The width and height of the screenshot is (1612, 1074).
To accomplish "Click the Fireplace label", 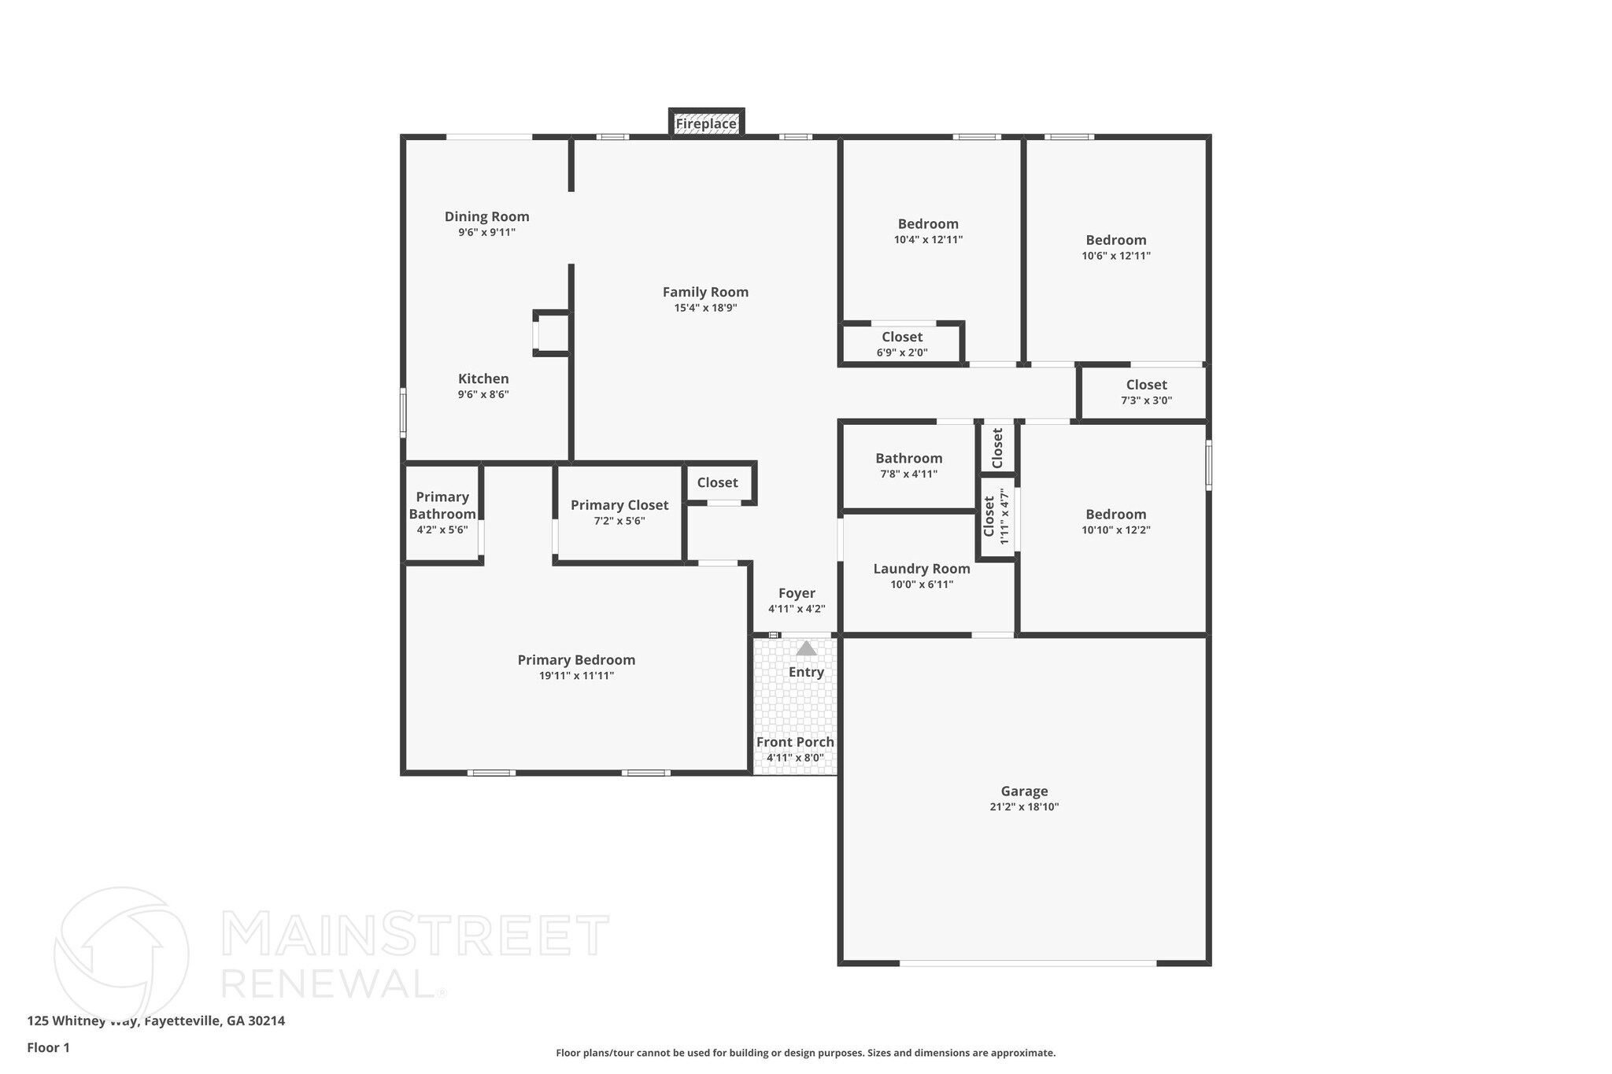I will point(706,124).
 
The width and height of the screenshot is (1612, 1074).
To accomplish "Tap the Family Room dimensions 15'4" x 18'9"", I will point(705,308).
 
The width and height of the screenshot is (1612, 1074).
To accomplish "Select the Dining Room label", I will point(486,216).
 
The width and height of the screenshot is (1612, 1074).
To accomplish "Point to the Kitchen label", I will point(483,378).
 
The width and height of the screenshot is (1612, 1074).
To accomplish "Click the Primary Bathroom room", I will point(442,512).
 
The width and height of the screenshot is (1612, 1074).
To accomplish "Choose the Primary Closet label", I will point(619,505).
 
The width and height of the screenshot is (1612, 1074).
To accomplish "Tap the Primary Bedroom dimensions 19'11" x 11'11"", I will point(576,676).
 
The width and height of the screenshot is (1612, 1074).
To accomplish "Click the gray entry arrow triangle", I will point(806,648).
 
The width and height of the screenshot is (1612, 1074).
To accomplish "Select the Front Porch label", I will point(795,742).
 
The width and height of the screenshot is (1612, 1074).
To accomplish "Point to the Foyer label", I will point(797,593).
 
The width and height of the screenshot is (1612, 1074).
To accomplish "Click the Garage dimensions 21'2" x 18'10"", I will point(1024,807).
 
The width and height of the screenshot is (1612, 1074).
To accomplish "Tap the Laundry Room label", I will point(922,569).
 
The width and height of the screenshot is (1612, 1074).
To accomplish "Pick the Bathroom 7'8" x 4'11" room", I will point(908,465).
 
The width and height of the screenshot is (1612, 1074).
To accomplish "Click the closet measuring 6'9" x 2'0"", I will point(902,344).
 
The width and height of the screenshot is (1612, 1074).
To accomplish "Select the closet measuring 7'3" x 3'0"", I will point(1146,392).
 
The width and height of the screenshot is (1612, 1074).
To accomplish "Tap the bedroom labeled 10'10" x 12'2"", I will point(1115,522).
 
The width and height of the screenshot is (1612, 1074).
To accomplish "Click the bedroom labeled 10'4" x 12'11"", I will point(928,231).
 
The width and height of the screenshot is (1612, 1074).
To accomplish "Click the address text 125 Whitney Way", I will point(83,1021).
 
